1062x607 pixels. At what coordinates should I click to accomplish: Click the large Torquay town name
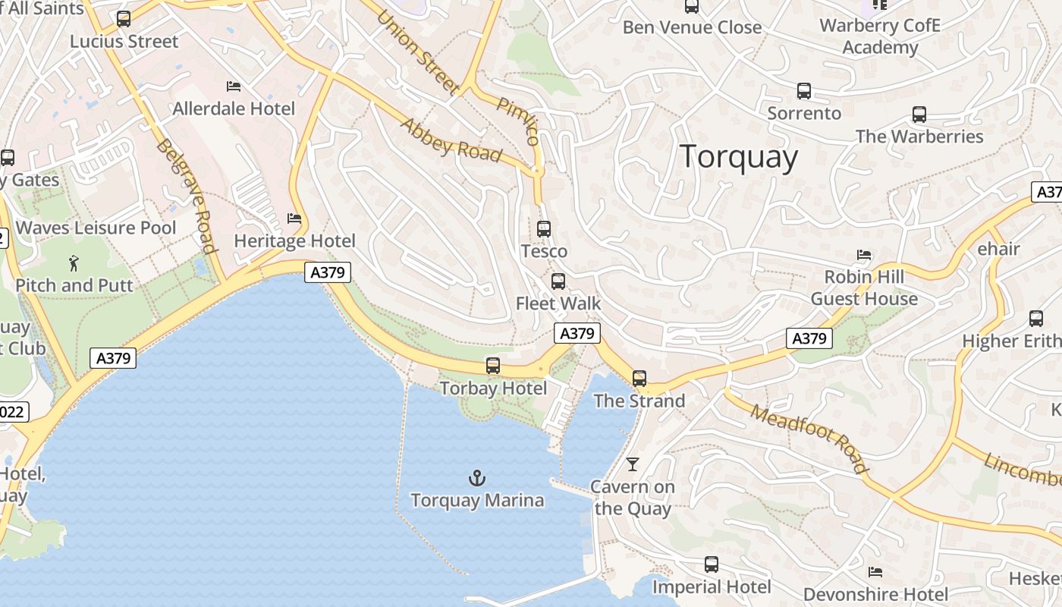click(739, 157)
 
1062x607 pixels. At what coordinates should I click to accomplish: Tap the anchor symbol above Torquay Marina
click(476, 478)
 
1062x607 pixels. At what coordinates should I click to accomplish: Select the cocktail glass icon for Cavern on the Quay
click(633, 464)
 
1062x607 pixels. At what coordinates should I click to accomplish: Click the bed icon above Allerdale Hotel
click(234, 86)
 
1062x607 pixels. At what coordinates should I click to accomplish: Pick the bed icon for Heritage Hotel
click(294, 219)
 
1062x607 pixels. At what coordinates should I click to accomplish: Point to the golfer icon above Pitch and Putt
click(74, 263)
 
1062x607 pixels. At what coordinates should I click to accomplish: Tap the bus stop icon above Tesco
click(544, 228)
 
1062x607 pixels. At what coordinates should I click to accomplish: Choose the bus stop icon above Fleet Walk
click(558, 281)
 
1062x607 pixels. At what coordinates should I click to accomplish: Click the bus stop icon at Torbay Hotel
click(493, 366)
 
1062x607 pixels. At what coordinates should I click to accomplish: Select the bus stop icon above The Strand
click(639, 378)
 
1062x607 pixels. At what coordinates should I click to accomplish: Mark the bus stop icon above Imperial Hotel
click(711, 565)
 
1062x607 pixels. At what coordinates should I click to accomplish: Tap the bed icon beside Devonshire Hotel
click(875, 571)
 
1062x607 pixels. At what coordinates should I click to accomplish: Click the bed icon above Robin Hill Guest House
click(864, 255)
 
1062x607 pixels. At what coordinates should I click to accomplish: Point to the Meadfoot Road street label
click(809, 438)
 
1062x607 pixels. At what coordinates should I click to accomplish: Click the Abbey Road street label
click(451, 140)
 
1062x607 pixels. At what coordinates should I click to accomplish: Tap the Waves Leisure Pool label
click(96, 228)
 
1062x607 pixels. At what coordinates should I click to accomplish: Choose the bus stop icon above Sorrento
click(804, 91)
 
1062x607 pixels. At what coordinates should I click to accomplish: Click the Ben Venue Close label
click(692, 27)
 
